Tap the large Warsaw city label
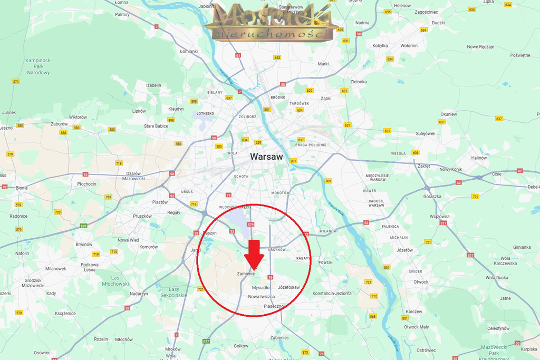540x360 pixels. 266,157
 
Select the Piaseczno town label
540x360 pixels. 274,306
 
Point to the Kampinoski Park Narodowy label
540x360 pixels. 37,66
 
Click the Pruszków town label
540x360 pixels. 142,216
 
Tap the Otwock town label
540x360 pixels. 421,281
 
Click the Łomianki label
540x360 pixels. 189,52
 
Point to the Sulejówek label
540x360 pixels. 426,133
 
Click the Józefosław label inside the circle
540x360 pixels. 288,287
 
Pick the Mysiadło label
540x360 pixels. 261,288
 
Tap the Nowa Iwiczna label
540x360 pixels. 261,297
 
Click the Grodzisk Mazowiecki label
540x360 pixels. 33,282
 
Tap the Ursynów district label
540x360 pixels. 276,249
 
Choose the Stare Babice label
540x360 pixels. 156,126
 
